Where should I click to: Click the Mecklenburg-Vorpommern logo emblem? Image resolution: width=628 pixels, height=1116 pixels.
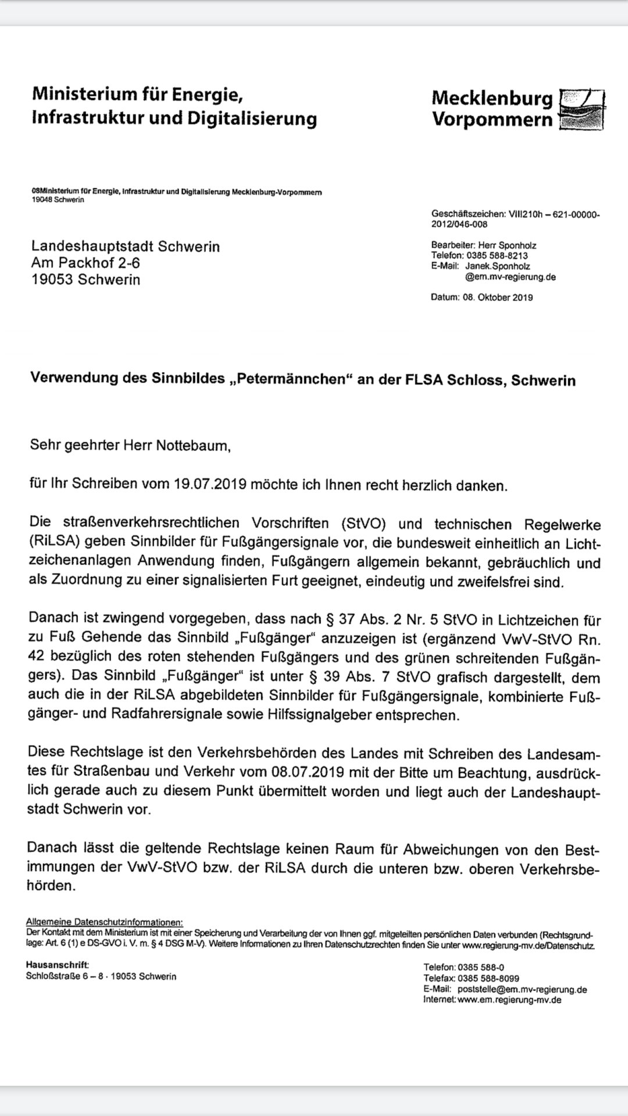[x=581, y=109]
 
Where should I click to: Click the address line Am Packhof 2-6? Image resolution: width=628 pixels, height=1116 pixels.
[x=85, y=263]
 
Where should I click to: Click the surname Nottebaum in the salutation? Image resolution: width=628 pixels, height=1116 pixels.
[x=193, y=446]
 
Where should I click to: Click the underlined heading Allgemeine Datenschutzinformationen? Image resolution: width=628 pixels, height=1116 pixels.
[x=104, y=922]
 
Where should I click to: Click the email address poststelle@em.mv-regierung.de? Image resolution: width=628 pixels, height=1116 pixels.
[x=522, y=989]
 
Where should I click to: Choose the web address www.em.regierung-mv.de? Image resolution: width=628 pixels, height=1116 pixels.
[x=509, y=1000]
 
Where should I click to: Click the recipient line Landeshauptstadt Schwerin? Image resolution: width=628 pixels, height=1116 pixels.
[x=126, y=246]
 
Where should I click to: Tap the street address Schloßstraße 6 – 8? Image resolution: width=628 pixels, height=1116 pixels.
[x=65, y=977]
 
